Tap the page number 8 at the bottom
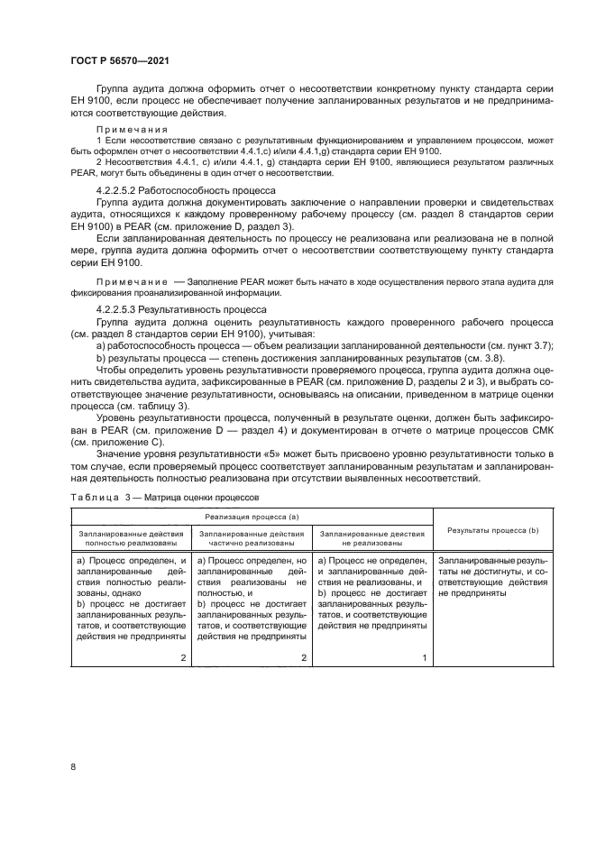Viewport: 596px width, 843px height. tap(74, 766)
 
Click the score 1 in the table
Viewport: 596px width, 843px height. tap(425, 657)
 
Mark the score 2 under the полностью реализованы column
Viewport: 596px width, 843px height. tap(183, 657)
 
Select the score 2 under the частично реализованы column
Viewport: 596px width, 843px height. tap(304, 657)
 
